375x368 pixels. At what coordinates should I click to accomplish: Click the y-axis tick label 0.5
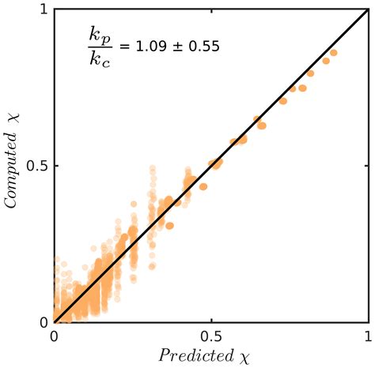tap(36, 167)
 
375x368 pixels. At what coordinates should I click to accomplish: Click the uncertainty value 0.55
tap(203, 47)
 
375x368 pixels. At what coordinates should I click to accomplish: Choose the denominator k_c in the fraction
tap(100, 58)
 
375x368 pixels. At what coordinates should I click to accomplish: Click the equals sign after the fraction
tap(122, 47)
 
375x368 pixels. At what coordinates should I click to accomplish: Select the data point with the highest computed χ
tap(334, 53)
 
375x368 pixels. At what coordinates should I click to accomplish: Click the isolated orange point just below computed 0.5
tap(203, 186)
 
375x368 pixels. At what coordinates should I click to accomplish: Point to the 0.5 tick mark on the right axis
tap(365, 167)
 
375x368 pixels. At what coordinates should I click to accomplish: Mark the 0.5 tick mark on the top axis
tap(210, 13)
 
